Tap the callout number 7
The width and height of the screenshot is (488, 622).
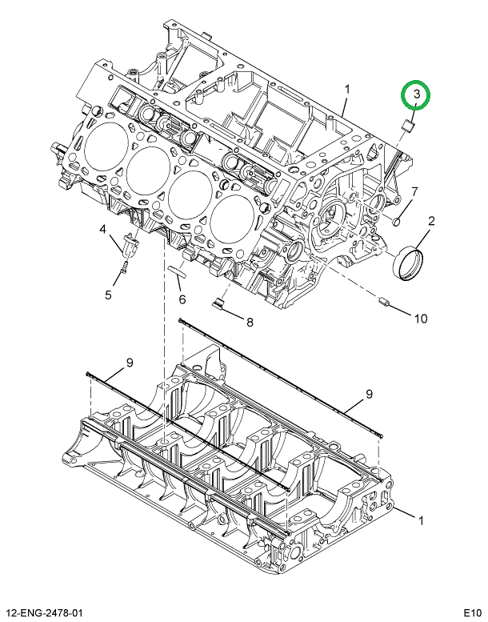point(414,192)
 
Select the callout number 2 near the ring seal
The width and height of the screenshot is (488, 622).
point(430,222)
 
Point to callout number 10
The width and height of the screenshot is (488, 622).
point(420,318)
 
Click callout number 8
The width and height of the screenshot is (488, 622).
point(249,323)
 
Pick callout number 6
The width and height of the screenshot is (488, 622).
point(182,300)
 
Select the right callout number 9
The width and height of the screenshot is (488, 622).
point(369,393)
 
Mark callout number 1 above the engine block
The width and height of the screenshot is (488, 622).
point(346,89)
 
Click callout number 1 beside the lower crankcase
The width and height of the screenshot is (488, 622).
point(421,521)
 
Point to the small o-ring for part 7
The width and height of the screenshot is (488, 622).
point(397,220)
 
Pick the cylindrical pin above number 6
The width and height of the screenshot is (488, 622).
point(177,270)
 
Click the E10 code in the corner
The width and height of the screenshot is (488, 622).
point(471,612)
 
